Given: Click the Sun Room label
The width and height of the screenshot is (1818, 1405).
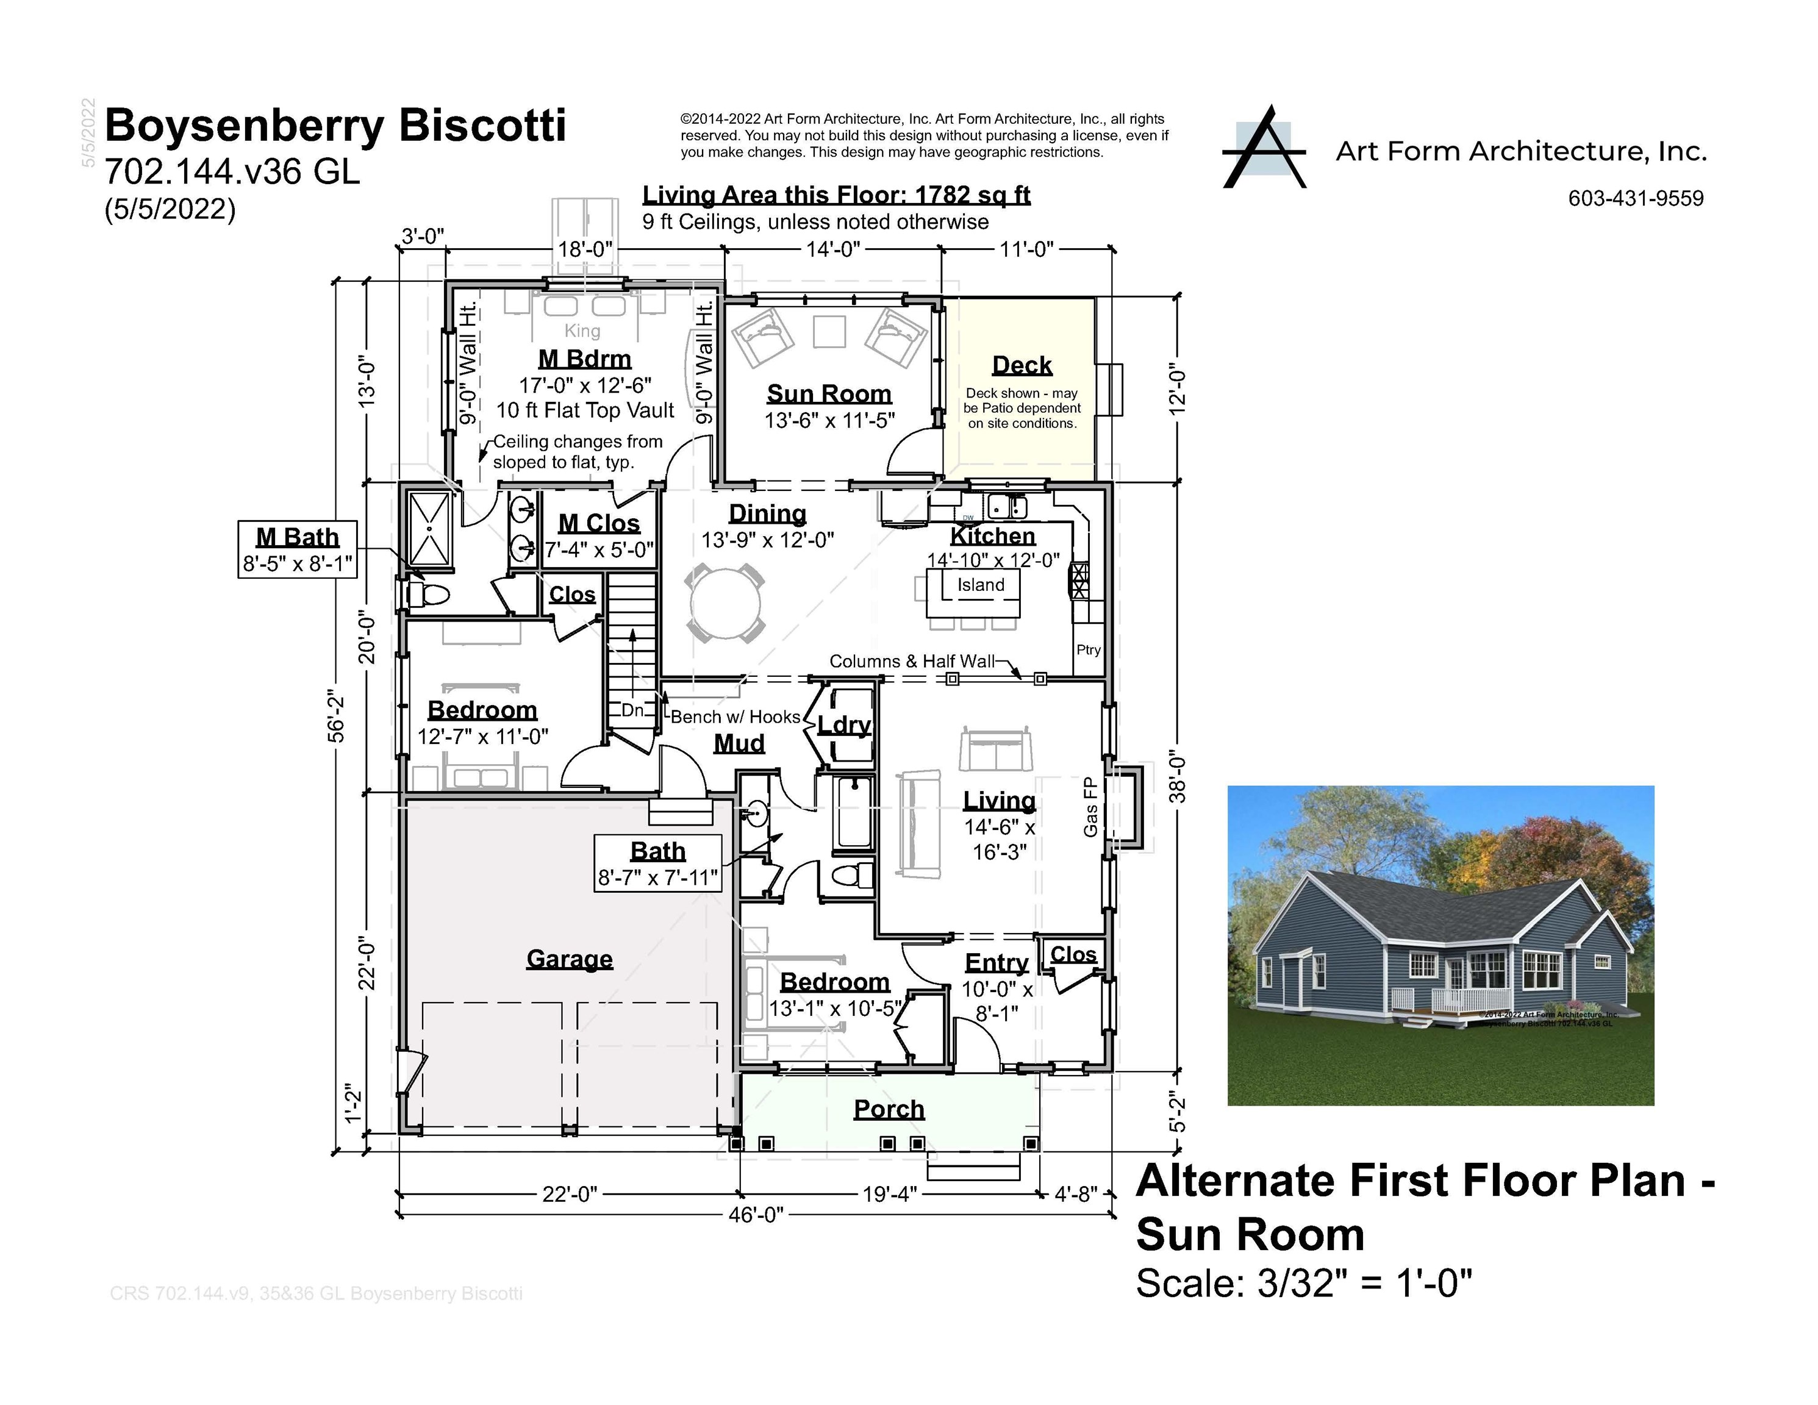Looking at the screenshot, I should click(828, 394).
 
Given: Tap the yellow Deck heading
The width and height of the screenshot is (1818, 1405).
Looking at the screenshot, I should click(1022, 365).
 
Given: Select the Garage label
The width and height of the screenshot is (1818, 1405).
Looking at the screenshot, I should click(570, 959).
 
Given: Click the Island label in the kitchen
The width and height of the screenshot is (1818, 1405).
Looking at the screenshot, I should click(980, 585).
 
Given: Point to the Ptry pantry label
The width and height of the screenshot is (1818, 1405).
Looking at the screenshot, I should click(1088, 650).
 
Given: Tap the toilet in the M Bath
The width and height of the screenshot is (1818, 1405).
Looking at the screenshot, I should click(429, 595).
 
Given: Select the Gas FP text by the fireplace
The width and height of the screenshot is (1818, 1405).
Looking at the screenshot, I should click(1090, 807).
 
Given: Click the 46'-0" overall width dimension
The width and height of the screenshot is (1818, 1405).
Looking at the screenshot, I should click(755, 1215).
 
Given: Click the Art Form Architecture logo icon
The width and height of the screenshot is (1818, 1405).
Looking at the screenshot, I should click(1264, 148).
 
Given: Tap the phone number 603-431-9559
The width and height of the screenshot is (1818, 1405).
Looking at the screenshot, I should click(1635, 199).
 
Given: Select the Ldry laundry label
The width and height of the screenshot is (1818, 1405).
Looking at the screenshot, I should click(843, 726).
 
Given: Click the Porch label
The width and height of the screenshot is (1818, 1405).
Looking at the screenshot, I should click(889, 1109).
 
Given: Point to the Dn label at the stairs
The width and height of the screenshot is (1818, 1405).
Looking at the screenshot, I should click(632, 710).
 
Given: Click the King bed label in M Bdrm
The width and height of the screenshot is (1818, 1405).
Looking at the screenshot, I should click(582, 331).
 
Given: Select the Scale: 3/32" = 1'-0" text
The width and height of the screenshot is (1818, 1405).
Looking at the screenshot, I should click(1303, 1284).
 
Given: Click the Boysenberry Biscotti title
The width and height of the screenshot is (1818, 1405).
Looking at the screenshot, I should click(335, 126).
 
